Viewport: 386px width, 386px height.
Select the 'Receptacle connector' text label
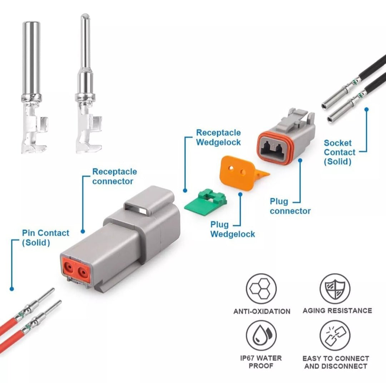tap(114, 177)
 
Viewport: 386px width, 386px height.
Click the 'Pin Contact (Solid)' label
tap(45, 238)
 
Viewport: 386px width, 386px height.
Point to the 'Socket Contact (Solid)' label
tap(340, 152)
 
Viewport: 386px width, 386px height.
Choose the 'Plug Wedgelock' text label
tap(232, 229)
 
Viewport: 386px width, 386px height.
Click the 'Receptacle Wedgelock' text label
tap(218, 138)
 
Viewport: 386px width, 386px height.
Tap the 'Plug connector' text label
tap(290, 207)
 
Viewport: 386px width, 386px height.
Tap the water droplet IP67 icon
tap(261, 335)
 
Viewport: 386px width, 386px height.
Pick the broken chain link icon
tap(335, 335)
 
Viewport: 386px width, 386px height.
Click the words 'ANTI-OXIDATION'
tap(262, 311)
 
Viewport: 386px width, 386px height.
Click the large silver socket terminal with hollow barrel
tap(32, 86)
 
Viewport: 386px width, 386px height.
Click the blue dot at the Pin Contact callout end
tap(12, 288)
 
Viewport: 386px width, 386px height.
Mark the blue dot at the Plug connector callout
tap(300, 160)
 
